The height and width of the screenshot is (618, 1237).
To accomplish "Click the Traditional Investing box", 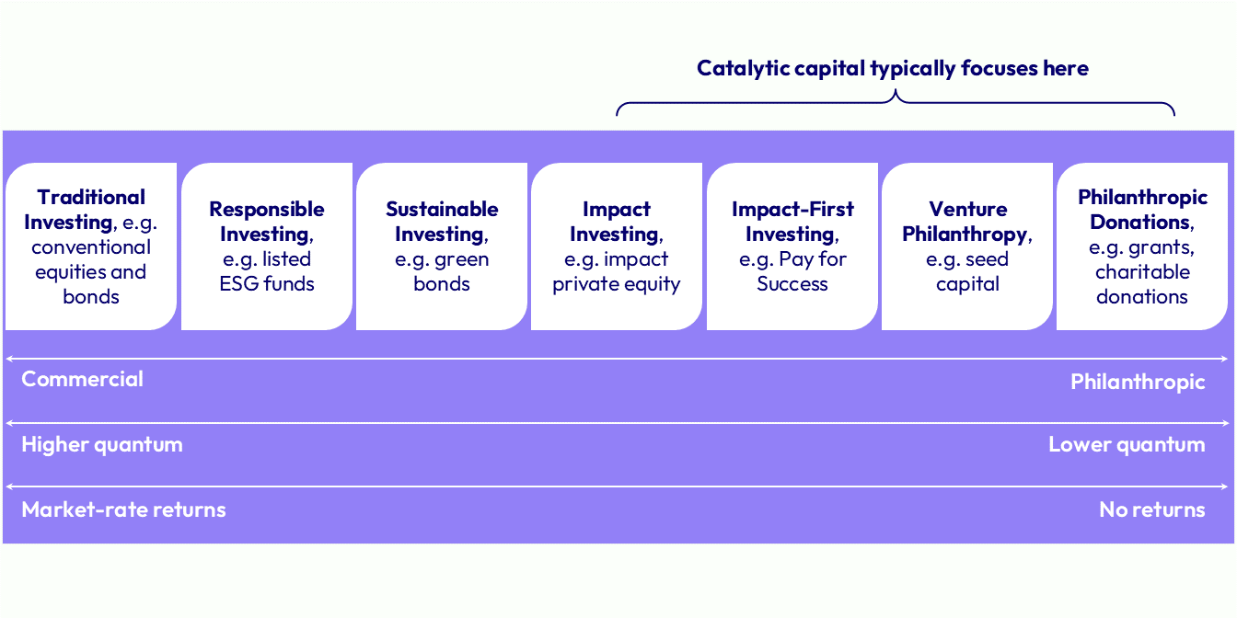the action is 91,246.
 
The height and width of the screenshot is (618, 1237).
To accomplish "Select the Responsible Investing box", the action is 267,246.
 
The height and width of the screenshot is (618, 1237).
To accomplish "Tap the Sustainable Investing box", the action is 442,246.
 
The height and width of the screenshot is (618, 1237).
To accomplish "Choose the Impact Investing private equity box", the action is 617,246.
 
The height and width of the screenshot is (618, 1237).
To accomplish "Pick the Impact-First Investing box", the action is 792,246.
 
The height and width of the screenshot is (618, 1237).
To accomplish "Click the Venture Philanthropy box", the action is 967,246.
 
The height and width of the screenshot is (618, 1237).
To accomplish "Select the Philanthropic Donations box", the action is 1142,246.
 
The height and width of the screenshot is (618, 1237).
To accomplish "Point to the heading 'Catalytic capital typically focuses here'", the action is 893,68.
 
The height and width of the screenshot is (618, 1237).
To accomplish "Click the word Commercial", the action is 82,379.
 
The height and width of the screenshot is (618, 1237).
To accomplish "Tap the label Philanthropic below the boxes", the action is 1138,382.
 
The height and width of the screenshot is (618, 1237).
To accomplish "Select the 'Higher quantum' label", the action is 102,445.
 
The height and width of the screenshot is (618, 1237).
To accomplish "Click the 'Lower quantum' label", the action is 1127,445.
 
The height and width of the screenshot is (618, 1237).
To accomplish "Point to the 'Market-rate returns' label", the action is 123,509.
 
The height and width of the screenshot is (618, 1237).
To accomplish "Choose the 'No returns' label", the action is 1152,509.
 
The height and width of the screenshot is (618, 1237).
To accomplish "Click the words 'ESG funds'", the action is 267,283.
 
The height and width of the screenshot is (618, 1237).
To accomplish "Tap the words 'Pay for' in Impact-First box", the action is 813,259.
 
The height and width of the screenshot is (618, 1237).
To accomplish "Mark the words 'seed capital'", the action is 967,271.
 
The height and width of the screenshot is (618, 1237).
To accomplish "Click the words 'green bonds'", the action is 442,271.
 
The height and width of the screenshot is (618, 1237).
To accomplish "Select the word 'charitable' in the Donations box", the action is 1142,272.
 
